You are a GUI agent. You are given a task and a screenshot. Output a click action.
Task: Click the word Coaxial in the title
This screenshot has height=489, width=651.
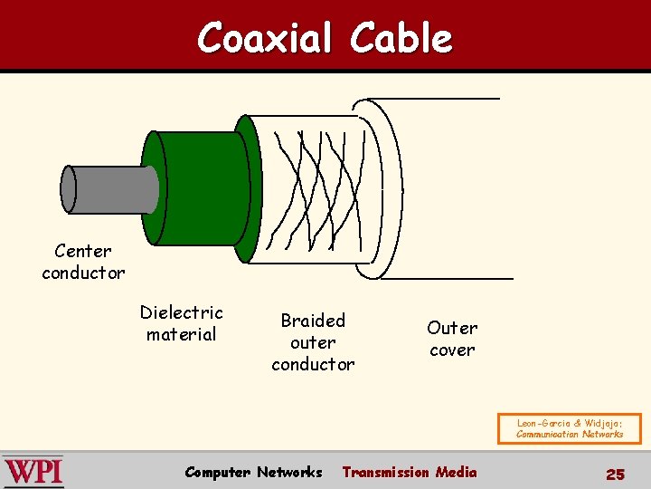(266, 38)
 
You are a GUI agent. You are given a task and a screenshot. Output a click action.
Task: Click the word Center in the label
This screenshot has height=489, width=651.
(83, 251)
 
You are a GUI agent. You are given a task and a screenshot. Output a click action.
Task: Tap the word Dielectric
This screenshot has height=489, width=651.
(181, 312)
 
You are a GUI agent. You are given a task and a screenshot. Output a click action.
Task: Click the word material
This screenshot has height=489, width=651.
(181, 334)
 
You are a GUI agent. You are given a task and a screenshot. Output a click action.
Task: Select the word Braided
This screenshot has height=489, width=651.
(313, 321)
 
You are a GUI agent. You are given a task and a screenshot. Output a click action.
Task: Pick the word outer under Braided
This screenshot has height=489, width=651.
(313, 342)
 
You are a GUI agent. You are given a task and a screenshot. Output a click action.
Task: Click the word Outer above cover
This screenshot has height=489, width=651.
(452, 328)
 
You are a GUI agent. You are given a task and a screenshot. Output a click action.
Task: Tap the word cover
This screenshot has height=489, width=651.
(452, 350)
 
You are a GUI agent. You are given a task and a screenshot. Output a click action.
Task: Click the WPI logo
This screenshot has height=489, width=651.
(33, 472)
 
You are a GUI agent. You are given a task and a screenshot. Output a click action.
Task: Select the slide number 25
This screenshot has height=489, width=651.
(615, 474)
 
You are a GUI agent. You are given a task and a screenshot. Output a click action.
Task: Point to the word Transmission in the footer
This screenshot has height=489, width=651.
(385, 472)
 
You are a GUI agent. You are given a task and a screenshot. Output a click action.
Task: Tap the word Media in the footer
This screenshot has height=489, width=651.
(456, 472)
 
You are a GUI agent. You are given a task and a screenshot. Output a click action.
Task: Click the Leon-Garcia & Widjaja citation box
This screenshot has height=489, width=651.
(569, 427)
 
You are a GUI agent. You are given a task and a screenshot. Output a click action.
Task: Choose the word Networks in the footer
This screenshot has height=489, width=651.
(289, 472)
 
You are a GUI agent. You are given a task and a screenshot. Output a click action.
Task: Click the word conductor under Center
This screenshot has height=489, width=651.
(83, 273)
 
